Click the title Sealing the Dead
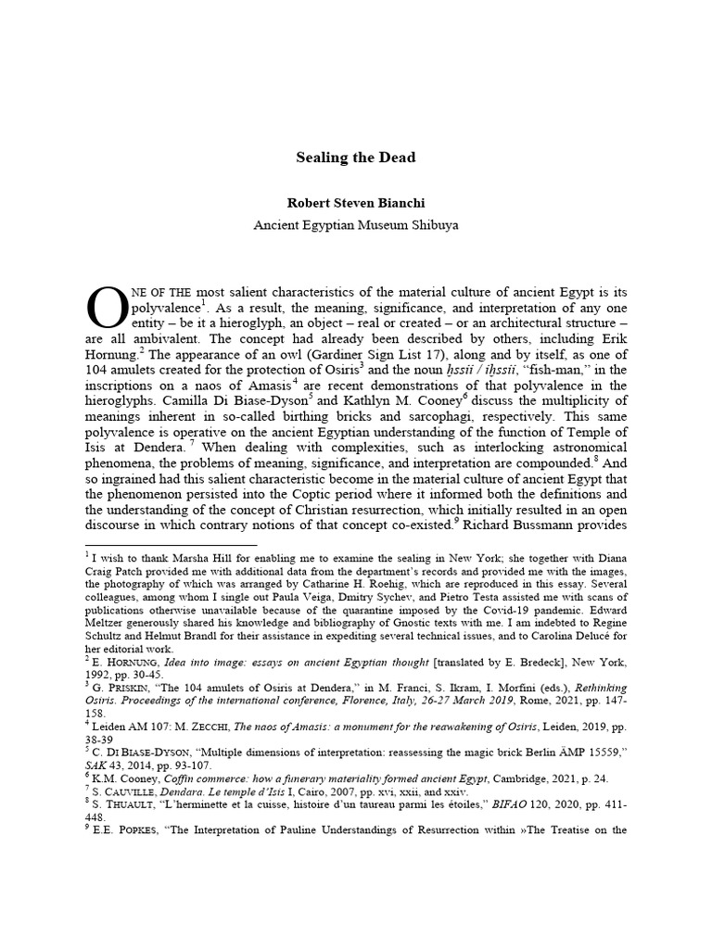point(355,158)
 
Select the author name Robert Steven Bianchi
point(355,200)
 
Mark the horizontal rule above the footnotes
point(171,546)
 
